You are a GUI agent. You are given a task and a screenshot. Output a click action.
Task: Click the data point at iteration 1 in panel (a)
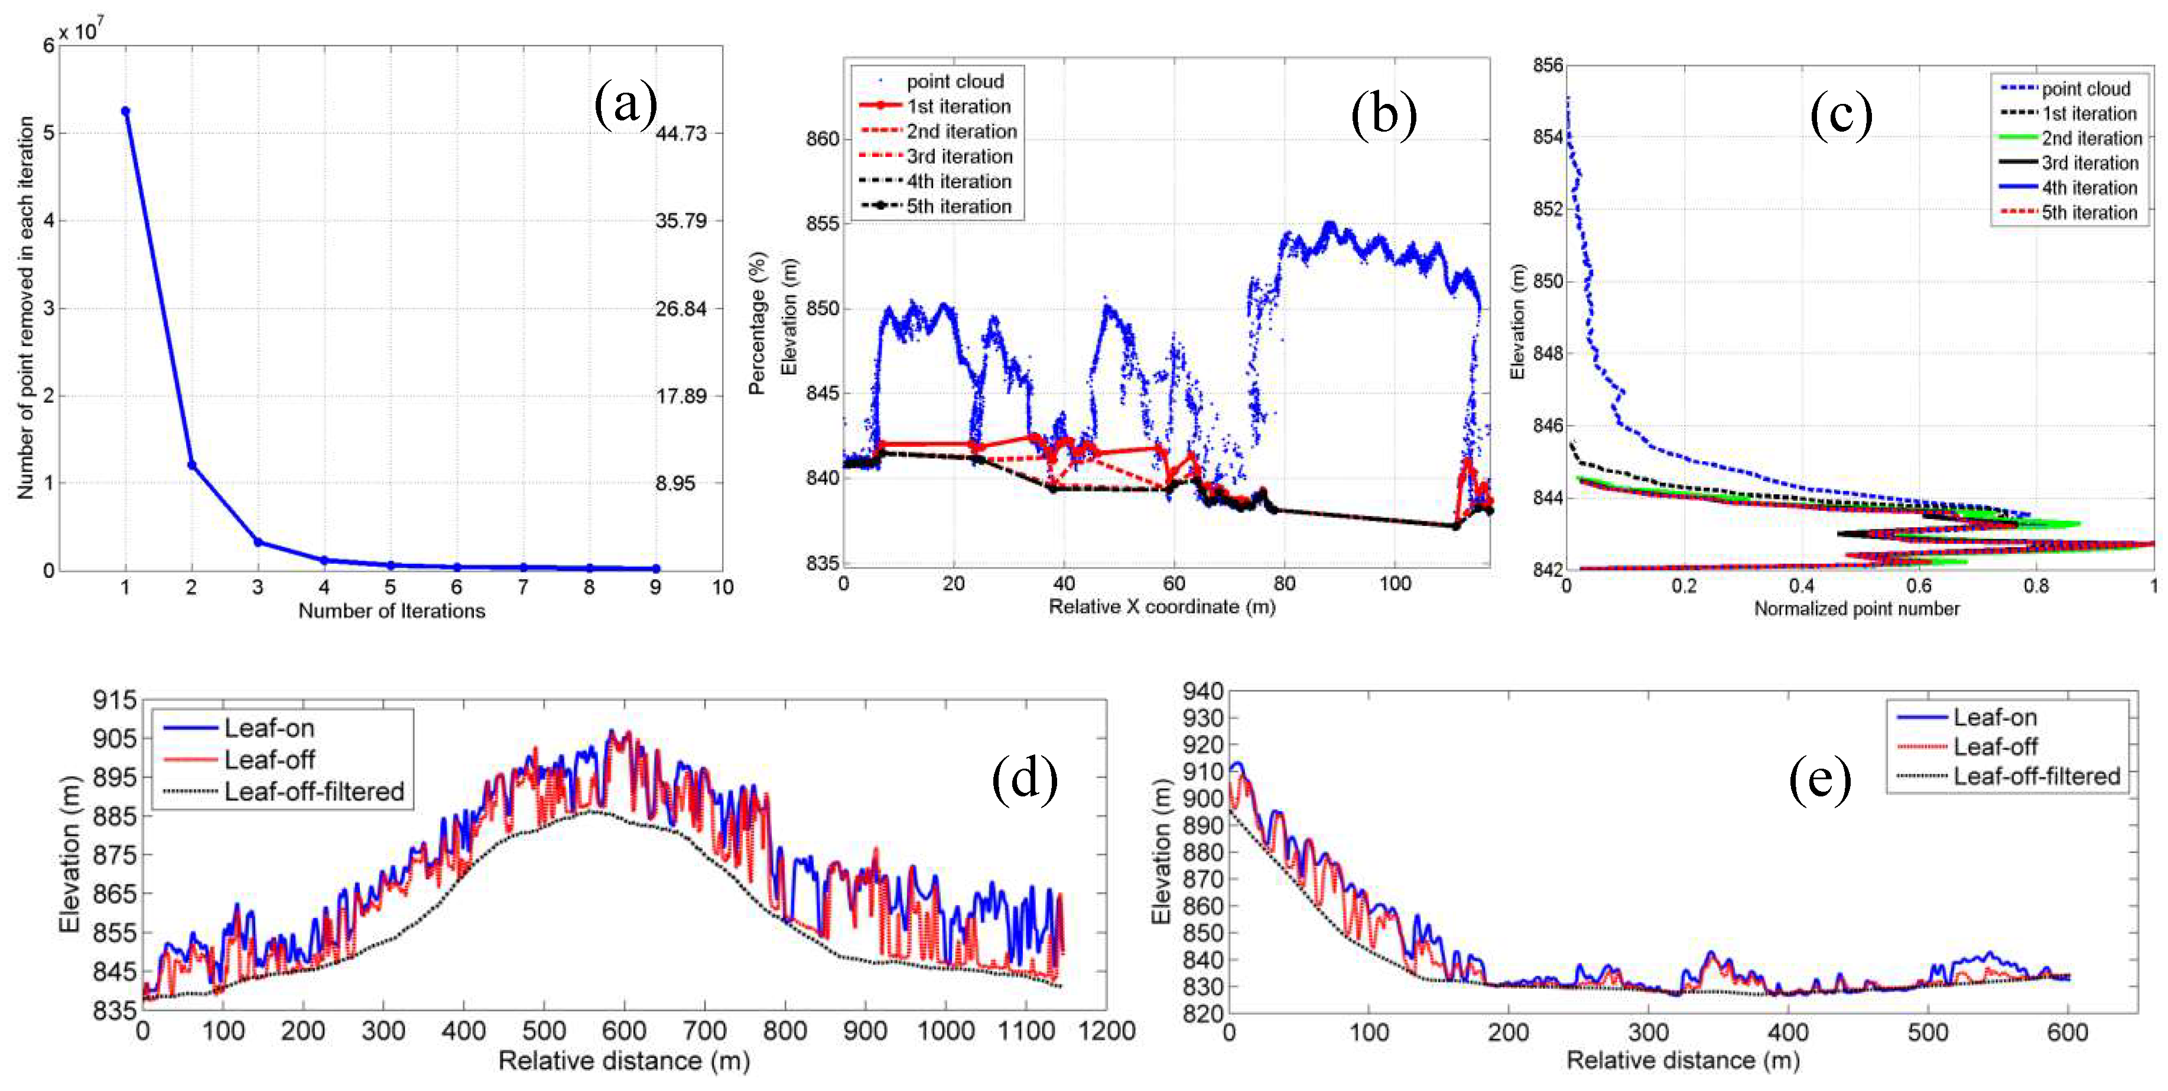[x=125, y=111]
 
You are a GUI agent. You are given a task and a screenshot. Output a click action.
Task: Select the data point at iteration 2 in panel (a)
[x=192, y=465]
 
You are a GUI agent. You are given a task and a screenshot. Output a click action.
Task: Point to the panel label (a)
[x=625, y=104]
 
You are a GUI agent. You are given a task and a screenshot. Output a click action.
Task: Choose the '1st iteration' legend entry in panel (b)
[x=958, y=107]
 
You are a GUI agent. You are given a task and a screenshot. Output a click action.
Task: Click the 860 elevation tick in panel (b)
[x=823, y=139]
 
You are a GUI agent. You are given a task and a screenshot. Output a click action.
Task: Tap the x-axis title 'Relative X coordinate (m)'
[x=1162, y=606]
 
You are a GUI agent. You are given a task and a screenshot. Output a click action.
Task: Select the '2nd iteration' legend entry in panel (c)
[x=2091, y=139]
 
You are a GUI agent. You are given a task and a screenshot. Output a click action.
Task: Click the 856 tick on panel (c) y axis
[x=1547, y=66]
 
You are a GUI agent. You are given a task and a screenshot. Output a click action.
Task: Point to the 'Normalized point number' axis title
[x=1857, y=608]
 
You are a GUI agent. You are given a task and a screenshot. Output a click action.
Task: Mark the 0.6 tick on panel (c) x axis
[x=1919, y=586]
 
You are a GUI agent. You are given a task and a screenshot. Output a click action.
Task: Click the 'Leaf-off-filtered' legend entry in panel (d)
[x=314, y=792]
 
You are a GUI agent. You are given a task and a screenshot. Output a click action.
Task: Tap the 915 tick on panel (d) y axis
[x=115, y=700]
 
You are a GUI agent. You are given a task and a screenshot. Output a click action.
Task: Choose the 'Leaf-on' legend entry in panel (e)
[x=1995, y=717]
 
